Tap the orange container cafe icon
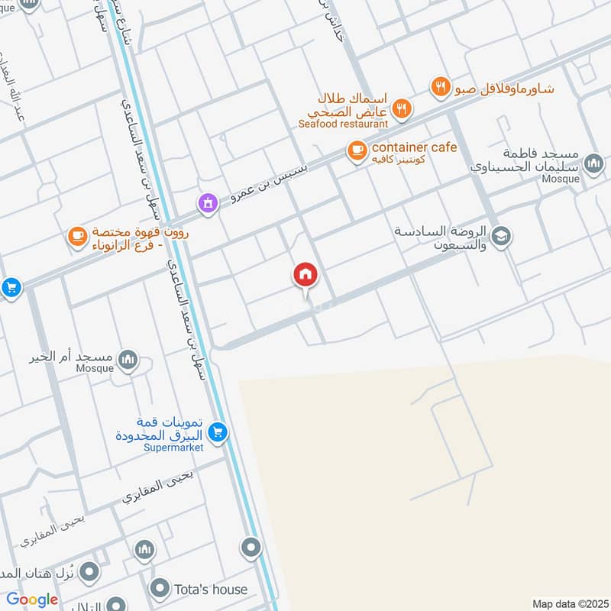point(356,151)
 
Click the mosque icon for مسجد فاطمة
point(593,163)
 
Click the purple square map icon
point(206,202)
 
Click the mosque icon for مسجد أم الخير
point(128,358)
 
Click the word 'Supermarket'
point(173,448)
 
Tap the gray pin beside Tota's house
point(160,589)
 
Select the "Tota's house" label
point(210,589)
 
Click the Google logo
point(32,600)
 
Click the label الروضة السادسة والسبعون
point(441,237)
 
